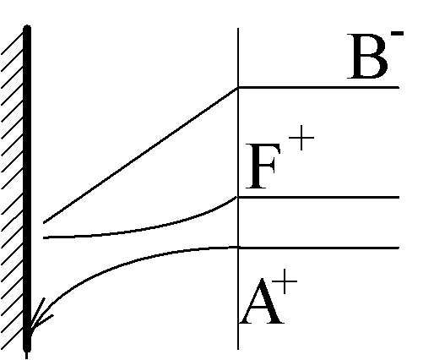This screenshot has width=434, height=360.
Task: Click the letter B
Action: point(367,57)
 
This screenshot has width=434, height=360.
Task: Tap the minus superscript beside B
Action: point(397,34)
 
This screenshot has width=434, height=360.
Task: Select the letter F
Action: point(263,166)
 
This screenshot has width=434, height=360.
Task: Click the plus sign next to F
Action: point(301,138)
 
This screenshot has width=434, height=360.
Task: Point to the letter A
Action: point(262,302)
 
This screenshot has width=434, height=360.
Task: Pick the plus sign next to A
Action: point(285,281)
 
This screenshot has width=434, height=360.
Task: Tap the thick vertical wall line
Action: point(27,188)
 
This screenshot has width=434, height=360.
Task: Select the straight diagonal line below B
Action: point(141,155)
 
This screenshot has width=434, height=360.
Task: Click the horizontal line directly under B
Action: point(318,88)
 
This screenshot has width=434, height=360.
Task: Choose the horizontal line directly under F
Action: point(318,197)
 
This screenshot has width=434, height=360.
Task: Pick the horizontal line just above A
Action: point(318,248)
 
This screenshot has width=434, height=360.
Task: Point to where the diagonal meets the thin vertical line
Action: point(238,88)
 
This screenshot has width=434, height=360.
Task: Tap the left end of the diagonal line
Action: point(44,223)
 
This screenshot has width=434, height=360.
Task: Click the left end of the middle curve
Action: point(44,238)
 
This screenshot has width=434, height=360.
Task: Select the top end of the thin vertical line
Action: point(238,29)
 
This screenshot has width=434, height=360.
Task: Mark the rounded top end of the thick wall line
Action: point(27,27)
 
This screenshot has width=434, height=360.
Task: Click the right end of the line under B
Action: point(399,88)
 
